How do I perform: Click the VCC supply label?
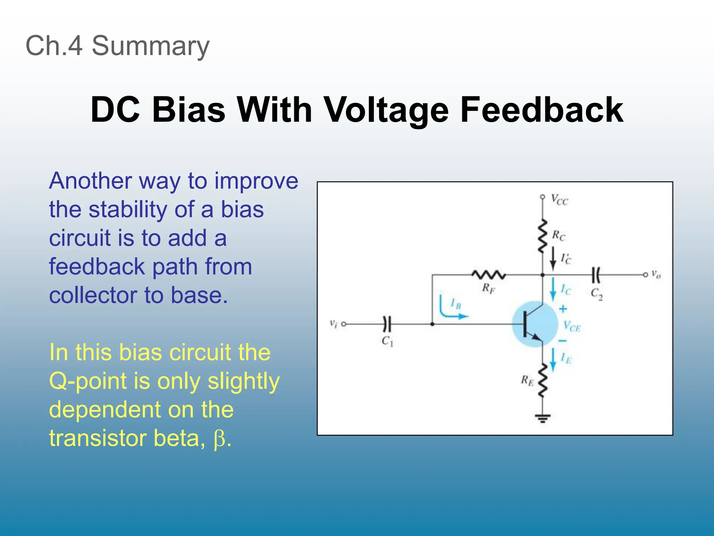(x=559, y=200)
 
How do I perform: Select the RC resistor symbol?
(x=542, y=236)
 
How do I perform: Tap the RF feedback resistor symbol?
(x=488, y=275)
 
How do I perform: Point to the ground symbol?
(x=542, y=417)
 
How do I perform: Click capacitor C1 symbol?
(x=387, y=324)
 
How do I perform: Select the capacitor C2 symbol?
(x=596, y=275)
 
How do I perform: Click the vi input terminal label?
(x=333, y=324)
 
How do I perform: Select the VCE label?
(x=572, y=327)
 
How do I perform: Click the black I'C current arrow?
(x=553, y=259)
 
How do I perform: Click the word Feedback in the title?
(x=541, y=110)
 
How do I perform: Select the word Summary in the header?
(x=150, y=46)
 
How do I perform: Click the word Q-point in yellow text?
(x=88, y=381)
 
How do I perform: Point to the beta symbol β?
(x=220, y=439)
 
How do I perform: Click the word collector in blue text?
(x=93, y=295)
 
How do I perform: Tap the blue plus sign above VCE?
(x=563, y=309)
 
